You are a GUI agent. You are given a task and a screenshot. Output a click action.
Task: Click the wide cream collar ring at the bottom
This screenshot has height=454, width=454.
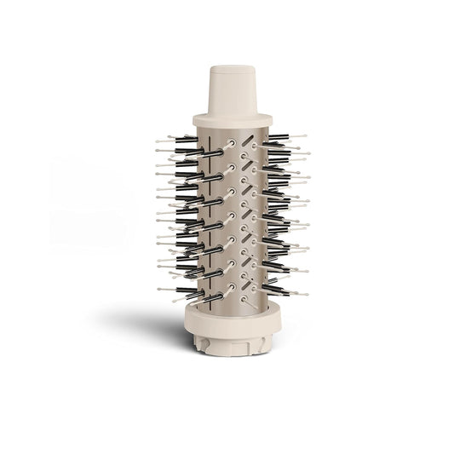coord(227,317)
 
